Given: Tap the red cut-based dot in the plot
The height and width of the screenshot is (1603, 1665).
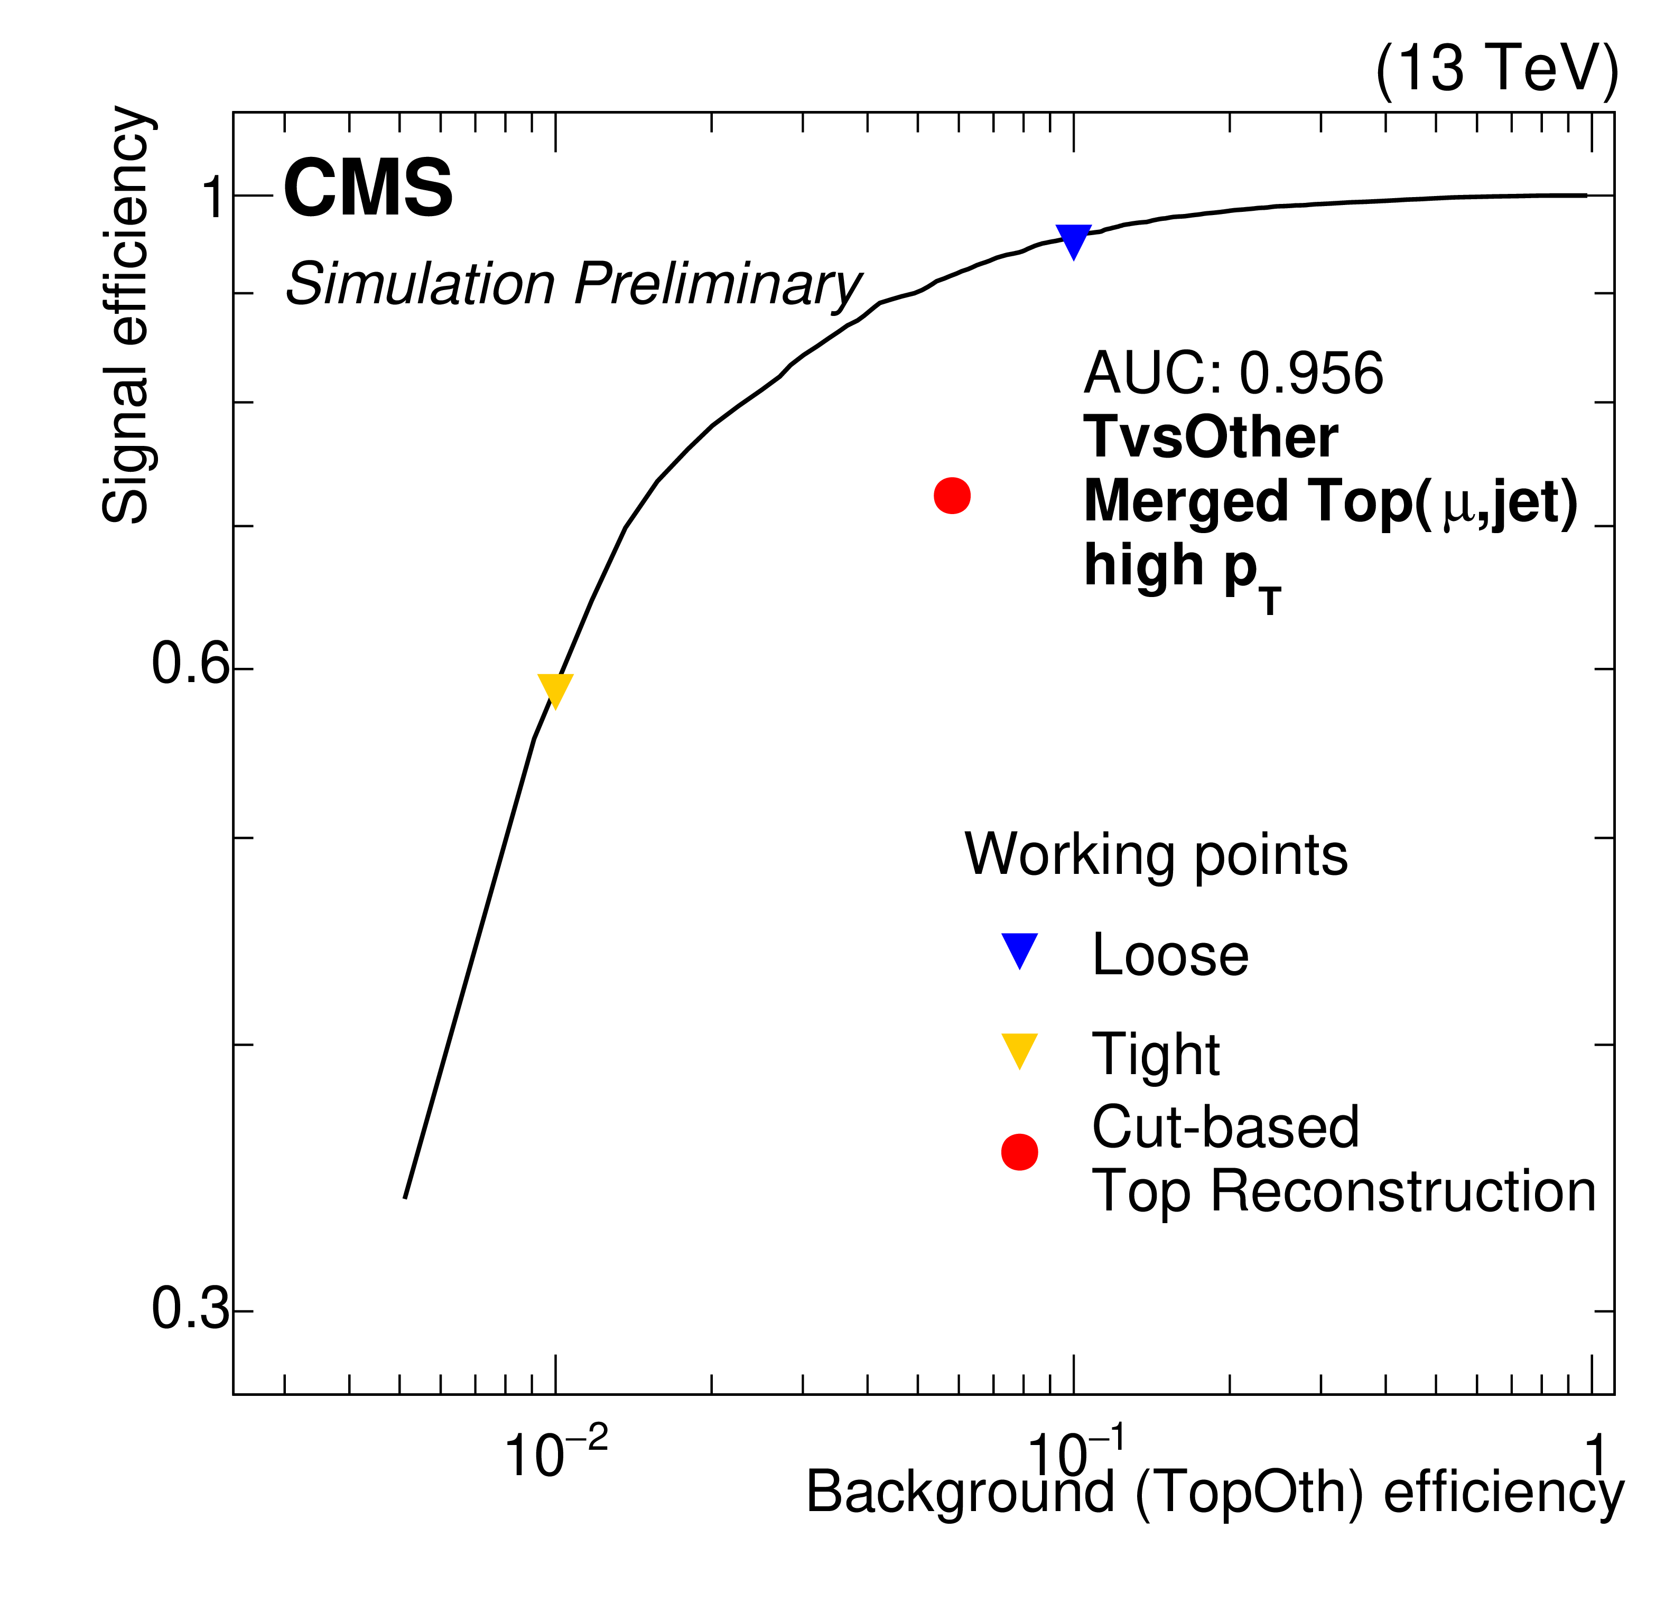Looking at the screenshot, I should pyautogui.click(x=952, y=495).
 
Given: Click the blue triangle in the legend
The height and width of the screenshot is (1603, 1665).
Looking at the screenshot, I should pyautogui.click(x=1019, y=949).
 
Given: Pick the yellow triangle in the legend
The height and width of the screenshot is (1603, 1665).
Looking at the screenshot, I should pyautogui.click(x=1019, y=1049).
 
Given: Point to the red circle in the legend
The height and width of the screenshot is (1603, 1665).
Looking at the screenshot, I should pyautogui.click(x=1019, y=1152).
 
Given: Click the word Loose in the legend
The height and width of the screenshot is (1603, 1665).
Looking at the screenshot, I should pyautogui.click(x=1170, y=955).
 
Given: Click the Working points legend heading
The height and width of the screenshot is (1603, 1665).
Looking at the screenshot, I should pyautogui.click(x=1155, y=854).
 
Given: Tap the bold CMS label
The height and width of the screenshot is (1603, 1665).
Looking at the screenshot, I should pyautogui.click(x=368, y=189).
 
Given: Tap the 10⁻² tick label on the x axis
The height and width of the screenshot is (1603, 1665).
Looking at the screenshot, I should pyautogui.click(x=556, y=1455).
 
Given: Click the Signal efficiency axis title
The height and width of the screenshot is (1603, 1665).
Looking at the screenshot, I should pyautogui.click(x=126, y=314).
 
